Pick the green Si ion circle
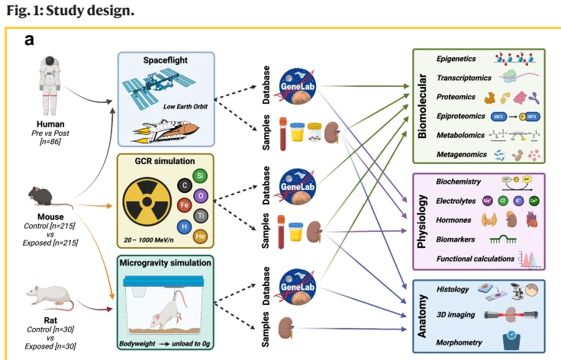point(201,175)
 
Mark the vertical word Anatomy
point(422,313)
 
